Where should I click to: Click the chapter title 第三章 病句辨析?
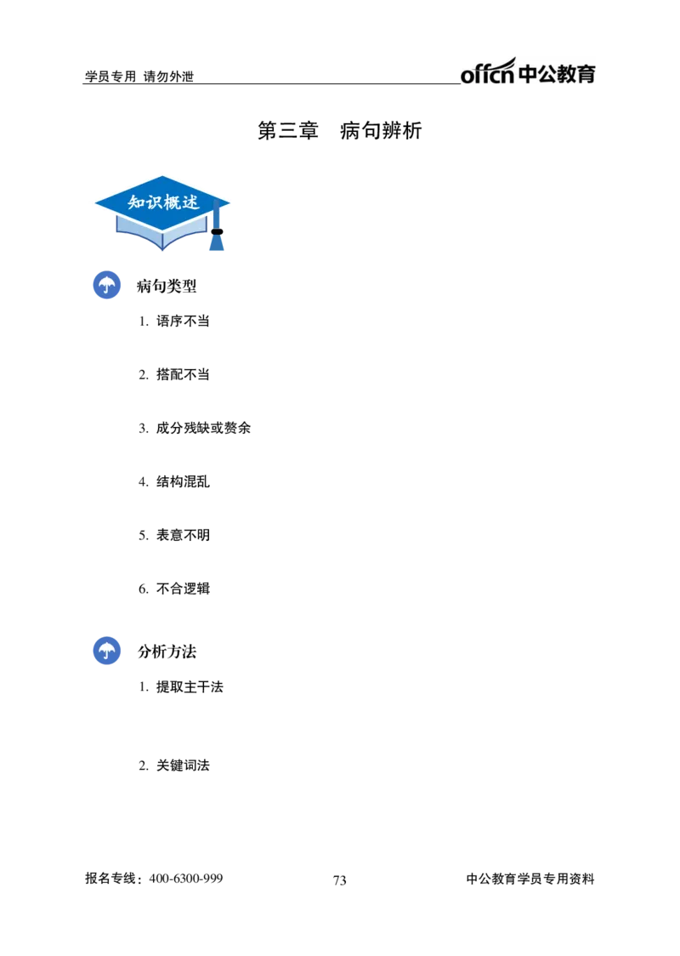click(x=339, y=130)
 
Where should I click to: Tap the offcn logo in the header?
click(x=528, y=71)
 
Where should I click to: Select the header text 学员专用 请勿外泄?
click(x=139, y=77)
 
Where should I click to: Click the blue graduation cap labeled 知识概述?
click(x=162, y=213)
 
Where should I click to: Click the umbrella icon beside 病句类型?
click(x=106, y=285)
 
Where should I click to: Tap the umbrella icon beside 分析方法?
click(x=106, y=651)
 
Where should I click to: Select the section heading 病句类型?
click(x=167, y=286)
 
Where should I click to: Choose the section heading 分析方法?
click(x=167, y=652)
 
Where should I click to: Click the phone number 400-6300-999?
click(x=186, y=879)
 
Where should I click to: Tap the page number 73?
click(x=339, y=880)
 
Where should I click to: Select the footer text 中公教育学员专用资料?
click(x=530, y=879)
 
